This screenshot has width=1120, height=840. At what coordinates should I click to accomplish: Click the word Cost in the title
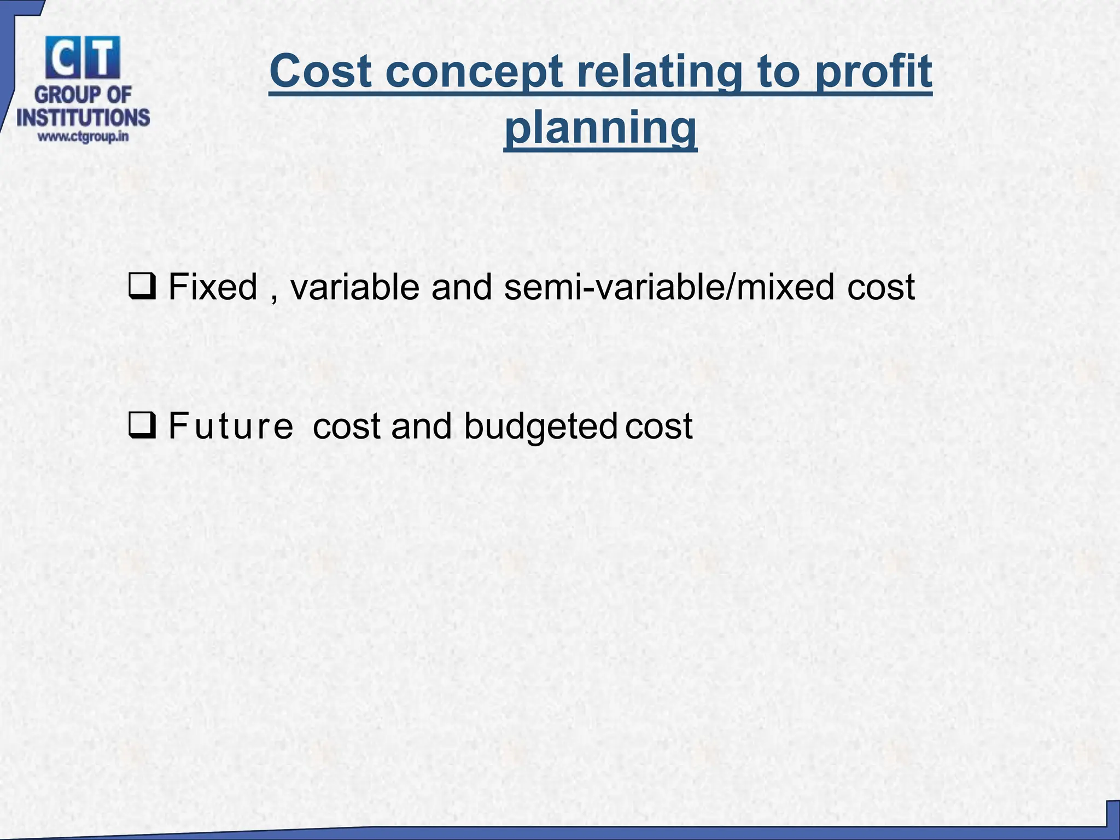pyautogui.click(x=322, y=72)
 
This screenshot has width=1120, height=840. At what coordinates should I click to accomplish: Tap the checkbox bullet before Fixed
pyautogui.click(x=142, y=287)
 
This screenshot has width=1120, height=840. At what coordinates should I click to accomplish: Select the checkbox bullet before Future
pyautogui.click(x=142, y=426)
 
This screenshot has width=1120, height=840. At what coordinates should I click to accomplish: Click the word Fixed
pyautogui.click(x=213, y=287)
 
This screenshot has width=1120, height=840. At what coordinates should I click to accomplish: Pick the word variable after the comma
pyautogui.click(x=354, y=287)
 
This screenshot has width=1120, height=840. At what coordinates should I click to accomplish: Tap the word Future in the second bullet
pyautogui.click(x=230, y=426)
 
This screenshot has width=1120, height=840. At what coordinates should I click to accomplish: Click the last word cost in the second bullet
pyautogui.click(x=659, y=426)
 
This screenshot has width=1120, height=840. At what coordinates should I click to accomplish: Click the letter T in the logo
pyautogui.click(x=102, y=59)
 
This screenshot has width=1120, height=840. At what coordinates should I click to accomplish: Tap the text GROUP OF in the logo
pyautogui.click(x=83, y=95)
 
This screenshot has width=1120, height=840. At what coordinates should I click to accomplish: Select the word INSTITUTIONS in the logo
pyautogui.click(x=83, y=118)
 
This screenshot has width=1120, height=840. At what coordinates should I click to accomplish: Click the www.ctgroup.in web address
pyautogui.click(x=83, y=137)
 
